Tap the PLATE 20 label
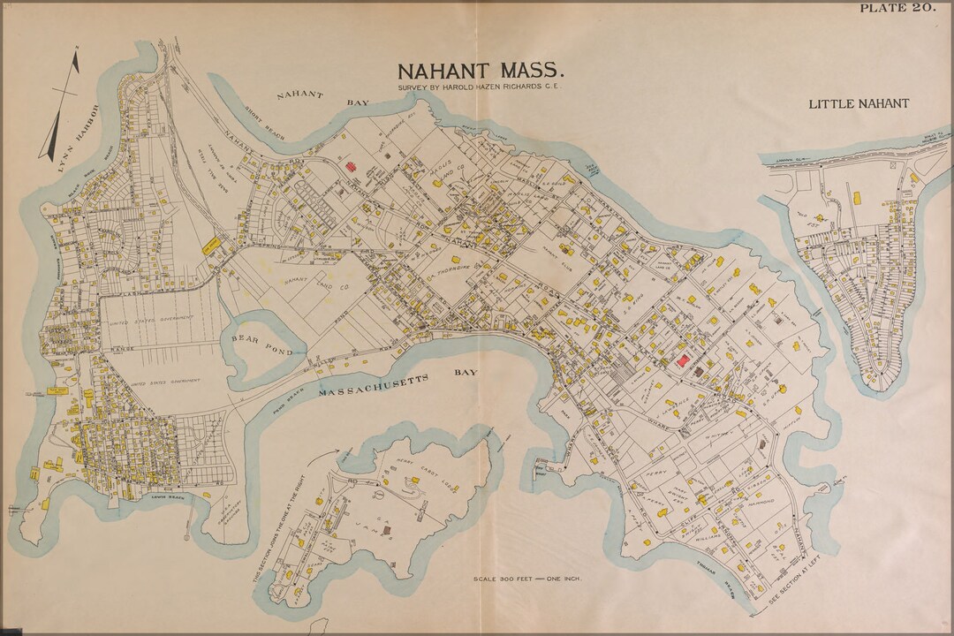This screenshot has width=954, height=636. click(x=897, y=8)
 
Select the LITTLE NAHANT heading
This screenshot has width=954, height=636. click(x=859, y=103)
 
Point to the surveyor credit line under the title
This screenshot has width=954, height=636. click(x=480, y=88)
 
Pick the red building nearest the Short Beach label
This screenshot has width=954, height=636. click(x=349, y=166)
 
